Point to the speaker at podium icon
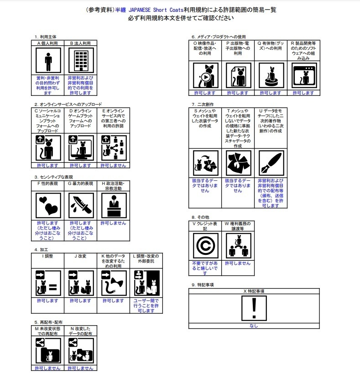[x=113, y=206]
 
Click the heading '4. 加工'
[x=42, y=250]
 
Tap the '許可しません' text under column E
[x=113, y=165]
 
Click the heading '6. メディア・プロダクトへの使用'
[x=219, y=37]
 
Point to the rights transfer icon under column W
[x=238, y=246]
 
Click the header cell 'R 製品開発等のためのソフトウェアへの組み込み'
[x=303, y=50]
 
